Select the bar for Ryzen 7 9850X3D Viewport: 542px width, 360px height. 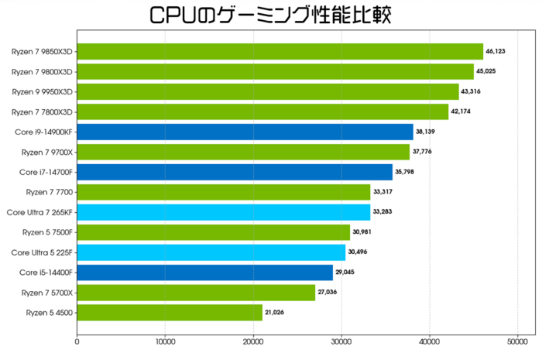tap(280, 52)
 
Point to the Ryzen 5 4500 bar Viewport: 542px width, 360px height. tap(170, 312)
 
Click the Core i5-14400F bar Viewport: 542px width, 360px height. tap(204, 273)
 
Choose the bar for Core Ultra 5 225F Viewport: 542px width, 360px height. tap(211, 252)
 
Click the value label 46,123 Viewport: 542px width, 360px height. tap(495, 52)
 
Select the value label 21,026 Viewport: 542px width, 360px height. tap(274, 312)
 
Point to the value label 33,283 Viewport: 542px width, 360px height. tap(382, 212)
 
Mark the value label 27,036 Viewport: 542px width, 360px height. tap(327, 293)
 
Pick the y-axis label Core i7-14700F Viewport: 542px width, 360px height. tap(46, 172)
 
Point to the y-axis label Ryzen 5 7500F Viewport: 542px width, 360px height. tap(49, 232)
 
